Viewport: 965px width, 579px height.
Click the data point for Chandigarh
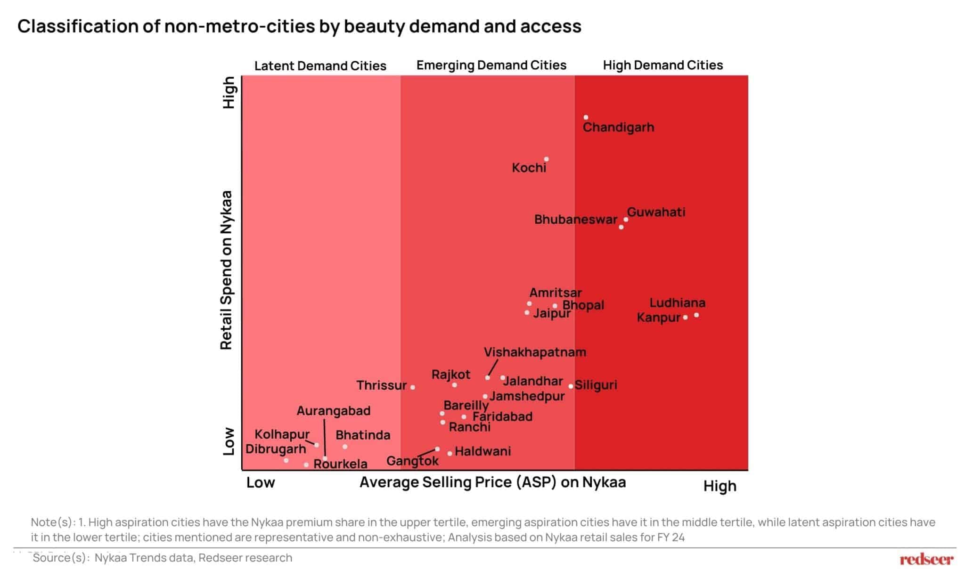click(586, 117)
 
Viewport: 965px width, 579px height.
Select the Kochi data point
click(546, 159)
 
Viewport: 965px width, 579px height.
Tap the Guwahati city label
click(656, 212)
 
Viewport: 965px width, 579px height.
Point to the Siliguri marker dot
click(571, 386)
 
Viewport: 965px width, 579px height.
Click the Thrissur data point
click(413, 387)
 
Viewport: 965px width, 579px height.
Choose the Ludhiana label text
click(677, 303)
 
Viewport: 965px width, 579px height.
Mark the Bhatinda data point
click(345, 447)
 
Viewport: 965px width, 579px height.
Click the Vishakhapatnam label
click(535, 352)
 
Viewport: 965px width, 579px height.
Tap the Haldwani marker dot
click(450, 454)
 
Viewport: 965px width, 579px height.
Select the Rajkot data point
click(454, 385)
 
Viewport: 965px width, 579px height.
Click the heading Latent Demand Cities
click(320, 66)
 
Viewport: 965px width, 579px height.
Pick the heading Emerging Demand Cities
click(491, 65)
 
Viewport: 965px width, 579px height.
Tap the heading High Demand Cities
click(662, 65)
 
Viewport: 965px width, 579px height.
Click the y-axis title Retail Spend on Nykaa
click(227, 270)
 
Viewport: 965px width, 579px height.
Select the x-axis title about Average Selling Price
click(492, 482)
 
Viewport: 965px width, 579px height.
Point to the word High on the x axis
click(720, 486)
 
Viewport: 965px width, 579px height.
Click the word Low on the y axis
click(229, 441)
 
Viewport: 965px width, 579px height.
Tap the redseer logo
click(926, 560)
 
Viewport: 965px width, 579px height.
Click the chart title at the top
click(299, 26)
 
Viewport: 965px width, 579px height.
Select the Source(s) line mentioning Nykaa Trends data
click(163, 558)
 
